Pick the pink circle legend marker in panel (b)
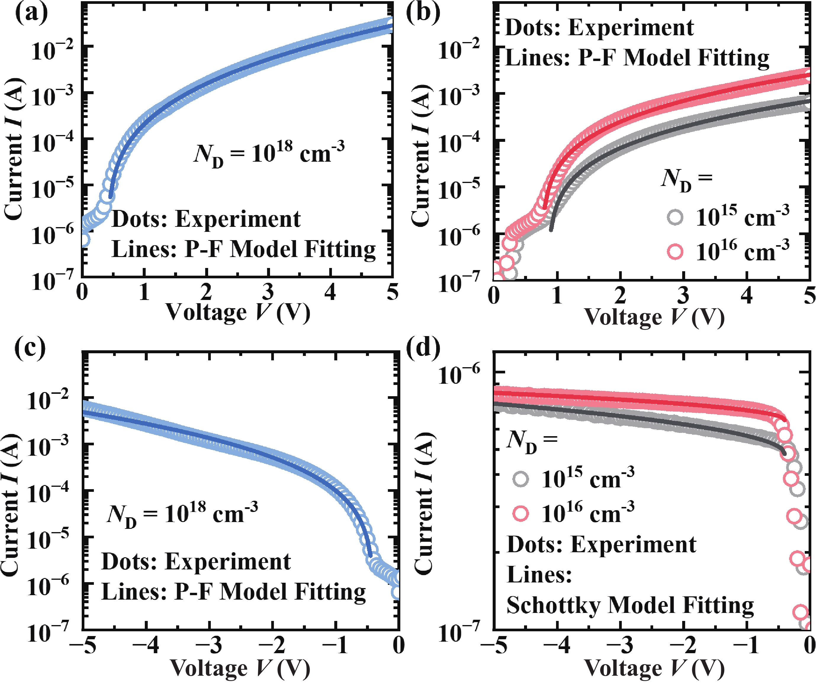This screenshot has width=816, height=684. coord(675,252)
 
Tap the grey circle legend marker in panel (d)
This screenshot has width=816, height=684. coord(521,479)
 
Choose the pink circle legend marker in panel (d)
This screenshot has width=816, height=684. coord(521,514)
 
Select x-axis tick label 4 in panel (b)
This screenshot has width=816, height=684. coord(746,296)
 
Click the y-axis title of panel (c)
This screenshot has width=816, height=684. coord(11,505)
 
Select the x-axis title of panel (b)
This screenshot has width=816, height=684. coord(654,317)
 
